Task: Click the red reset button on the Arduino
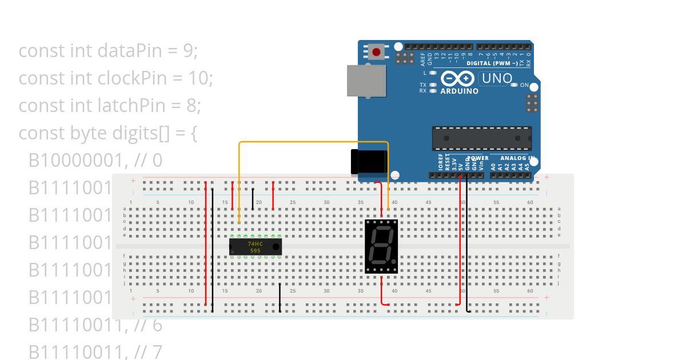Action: pos(376,52)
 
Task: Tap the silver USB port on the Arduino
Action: pos(366,80)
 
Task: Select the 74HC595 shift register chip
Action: pos(255,246)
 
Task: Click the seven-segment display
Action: pos(381,246)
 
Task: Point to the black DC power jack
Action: pos(369,161)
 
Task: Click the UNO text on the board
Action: pos(496,78)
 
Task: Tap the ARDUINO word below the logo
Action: pos(460,91)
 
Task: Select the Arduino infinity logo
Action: pos(458,78)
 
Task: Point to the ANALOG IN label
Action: pos(517,158)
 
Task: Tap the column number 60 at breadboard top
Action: pos(462,202)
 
